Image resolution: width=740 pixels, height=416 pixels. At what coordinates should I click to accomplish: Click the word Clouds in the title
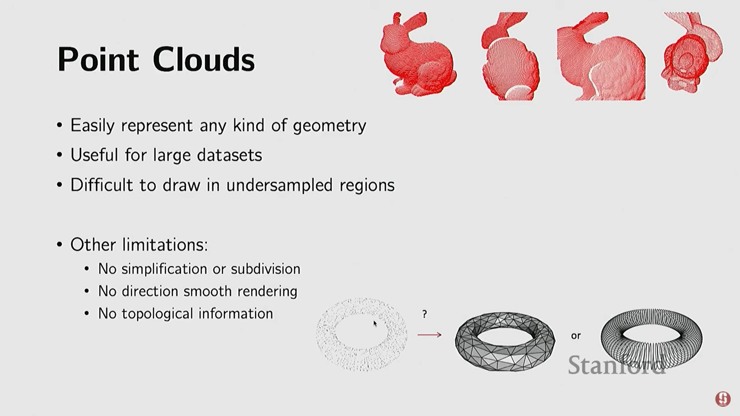203,60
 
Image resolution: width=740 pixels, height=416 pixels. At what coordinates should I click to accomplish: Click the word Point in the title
98,60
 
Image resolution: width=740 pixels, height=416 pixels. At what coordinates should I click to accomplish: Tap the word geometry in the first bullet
330,126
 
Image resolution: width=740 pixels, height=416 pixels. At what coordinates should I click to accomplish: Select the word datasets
229,155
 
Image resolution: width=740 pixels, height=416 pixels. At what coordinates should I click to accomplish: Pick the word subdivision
266,269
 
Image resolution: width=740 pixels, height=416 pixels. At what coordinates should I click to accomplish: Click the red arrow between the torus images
429,335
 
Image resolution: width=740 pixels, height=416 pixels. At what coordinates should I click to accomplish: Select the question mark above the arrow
424,314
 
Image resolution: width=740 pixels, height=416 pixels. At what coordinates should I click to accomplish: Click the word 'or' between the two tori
576,336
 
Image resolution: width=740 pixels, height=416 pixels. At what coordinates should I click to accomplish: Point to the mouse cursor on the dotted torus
375,324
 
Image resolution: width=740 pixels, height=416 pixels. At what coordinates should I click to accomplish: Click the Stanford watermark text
617,365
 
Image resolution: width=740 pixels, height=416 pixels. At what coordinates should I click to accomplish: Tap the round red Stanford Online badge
723,399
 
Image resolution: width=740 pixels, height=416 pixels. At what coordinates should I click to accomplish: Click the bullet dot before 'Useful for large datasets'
59,155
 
